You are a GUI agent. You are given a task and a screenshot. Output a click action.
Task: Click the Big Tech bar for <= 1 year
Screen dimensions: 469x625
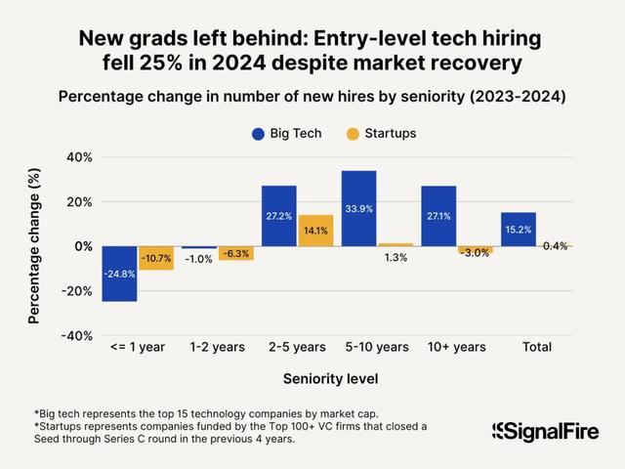[119, 274]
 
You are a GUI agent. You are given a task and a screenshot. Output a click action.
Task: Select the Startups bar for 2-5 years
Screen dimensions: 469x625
[316, 231]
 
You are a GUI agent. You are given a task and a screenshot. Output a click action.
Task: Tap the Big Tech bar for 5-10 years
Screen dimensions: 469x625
[359, 208]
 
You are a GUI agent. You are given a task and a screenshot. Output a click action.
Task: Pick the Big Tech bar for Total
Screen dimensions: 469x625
[519, 229]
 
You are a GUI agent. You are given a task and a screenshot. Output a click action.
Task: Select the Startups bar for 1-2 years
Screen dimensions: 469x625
[235, 253]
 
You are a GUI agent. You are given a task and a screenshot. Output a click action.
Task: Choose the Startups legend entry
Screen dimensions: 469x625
[379, 133]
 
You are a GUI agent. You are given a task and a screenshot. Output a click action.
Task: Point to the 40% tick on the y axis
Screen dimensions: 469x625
[79, 157]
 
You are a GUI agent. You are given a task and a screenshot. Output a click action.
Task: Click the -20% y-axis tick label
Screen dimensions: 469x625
[75, 291]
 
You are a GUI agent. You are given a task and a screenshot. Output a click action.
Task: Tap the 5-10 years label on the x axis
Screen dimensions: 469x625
[377, 347]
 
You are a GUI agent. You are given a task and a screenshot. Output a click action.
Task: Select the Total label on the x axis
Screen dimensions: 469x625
[536, 347]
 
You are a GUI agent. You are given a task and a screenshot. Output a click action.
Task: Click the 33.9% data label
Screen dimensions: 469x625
[359, 208]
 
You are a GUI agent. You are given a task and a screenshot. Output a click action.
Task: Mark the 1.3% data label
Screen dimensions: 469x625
[396, 257]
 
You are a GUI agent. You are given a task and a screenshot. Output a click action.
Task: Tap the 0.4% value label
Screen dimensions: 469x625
[555, 245]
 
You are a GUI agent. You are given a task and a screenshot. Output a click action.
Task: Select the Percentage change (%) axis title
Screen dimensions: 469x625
[34, 246]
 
